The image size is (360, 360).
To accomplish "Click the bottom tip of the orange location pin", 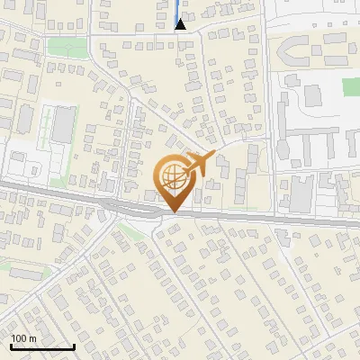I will (172, 212).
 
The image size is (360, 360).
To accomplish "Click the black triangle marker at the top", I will (180, 25).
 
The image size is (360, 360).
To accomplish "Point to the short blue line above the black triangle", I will (176, 10).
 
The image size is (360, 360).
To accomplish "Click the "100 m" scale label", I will (23, 338).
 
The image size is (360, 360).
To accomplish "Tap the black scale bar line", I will (41, 347).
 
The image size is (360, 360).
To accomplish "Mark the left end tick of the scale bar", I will (10, 346).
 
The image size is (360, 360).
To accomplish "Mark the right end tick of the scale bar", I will (74, 346).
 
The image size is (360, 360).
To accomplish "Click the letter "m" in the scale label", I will (32, 338).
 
